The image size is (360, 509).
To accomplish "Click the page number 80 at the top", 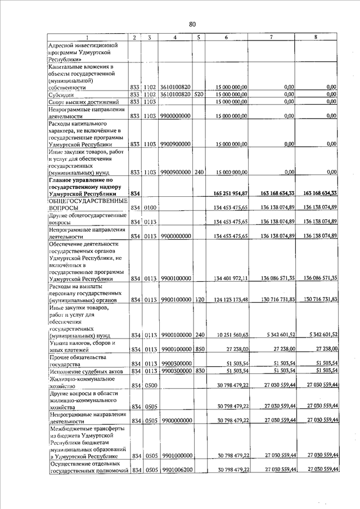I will (192, 24).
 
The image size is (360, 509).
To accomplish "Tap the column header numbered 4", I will (175, 37).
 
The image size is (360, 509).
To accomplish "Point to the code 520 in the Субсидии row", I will (199, 95).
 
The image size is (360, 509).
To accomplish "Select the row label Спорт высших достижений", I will (83, 102).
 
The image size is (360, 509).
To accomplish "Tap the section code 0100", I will (149, 208).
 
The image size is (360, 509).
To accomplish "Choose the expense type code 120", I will (199, 300).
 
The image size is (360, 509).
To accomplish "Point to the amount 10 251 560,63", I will (231, 336).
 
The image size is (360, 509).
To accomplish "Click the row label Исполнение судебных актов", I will (85, 371).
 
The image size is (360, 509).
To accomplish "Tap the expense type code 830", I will (199, 371).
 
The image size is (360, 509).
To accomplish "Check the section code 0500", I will (149, 385).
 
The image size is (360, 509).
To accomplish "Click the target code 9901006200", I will (175, 470).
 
